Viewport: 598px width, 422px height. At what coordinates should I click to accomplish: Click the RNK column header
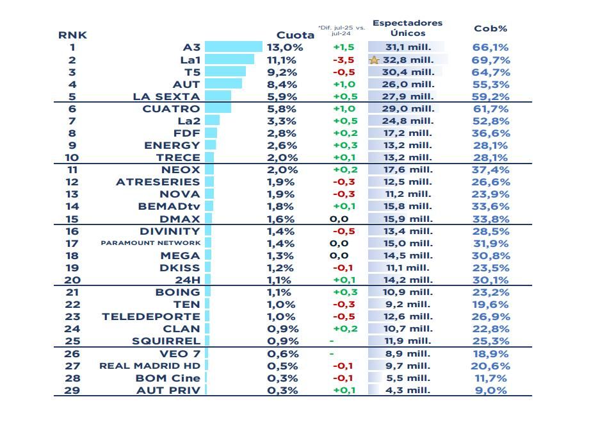pyautogui.click(x=72, y=35)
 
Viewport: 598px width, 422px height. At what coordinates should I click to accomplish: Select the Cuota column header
pyautogui.click(x=295, y=35)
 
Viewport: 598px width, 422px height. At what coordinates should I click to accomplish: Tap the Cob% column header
pyautogui.click(x=490, y=29)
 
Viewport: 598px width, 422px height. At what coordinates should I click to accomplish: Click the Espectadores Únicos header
pyautogui.click(x=407, y=28)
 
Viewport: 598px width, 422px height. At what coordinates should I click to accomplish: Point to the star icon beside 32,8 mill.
pyautogui.click(x=375, y=60)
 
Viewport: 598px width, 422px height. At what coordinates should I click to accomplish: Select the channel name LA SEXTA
pyautogui.click(x=166, y=97)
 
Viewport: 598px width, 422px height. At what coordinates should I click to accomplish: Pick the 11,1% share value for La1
pyautogui.click(x=282, y=60)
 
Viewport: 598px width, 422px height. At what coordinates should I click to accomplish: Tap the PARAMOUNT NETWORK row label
pyautogui.click(x=150, y=243)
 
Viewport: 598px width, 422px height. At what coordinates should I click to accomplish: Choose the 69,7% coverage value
pyautogui.click(x=490, y=60)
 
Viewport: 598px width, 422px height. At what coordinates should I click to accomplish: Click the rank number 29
pyautogui.click(x=72, y=390)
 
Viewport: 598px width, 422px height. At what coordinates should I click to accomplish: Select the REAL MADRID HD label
pyautogui.click(x=150, y=366)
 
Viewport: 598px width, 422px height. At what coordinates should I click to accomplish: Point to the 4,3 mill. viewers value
pyautogui.click(x=407, y=390)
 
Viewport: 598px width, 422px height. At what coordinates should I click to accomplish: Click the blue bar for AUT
pyautogui.click(x=223, y=84)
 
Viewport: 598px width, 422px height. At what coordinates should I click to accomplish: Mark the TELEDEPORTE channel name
pyautogui.click(x=150, y=317)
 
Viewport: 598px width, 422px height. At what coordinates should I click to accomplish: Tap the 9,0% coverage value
pyautogui.click(x=490, y=390)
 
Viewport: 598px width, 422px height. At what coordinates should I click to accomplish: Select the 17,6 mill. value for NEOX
pyautogui.click(x=407, y=170)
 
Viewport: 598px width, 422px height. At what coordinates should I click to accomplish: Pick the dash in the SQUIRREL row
pyautogui.click(x=332, y=341)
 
